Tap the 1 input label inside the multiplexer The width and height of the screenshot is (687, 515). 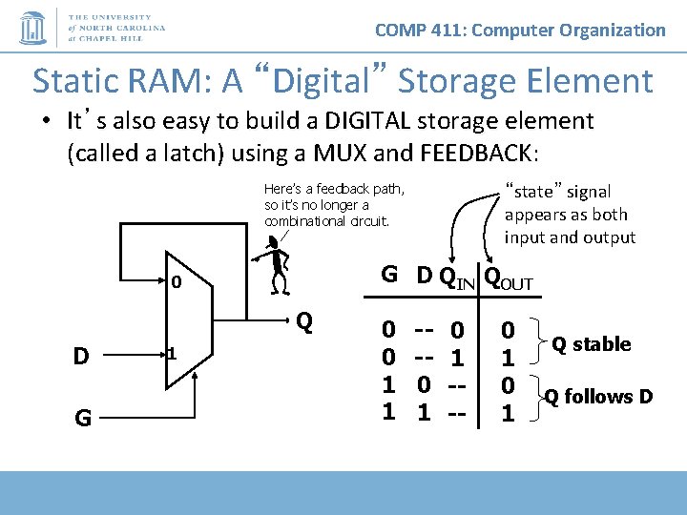(172, 354)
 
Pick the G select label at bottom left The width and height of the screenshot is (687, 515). (82, 417)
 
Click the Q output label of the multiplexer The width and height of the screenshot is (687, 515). (304, 320)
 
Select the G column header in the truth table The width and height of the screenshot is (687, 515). (389, 275)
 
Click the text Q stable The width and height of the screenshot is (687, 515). (592, 343)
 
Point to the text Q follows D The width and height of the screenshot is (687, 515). (598, 396)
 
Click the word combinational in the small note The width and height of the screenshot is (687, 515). (304, 221)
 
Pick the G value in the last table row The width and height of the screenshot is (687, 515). (388, 412)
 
